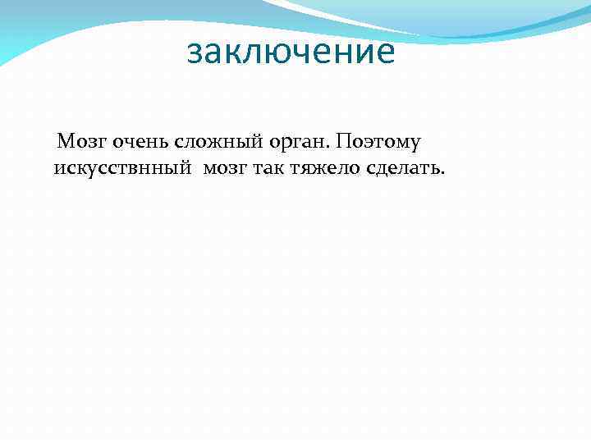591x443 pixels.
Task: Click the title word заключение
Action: [x=291, y=53]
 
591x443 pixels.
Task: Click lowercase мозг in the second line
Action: [x=222, y=168]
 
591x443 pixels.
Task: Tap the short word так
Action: [x=268, y=168]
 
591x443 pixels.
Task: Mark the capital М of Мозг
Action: [x=64, y=142]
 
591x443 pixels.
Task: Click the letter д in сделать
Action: [x=381, y=169]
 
